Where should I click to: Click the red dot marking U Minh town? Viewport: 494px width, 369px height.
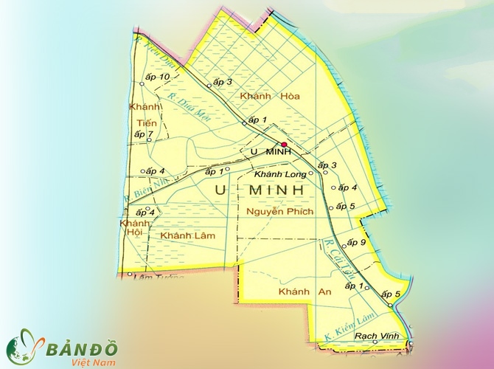[284, 145]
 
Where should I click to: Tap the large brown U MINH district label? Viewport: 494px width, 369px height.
[260, 190]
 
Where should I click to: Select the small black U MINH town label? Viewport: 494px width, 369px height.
[271, 152]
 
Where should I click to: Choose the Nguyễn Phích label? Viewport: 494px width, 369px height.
[280, 212]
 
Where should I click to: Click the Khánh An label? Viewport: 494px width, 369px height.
[305, 293]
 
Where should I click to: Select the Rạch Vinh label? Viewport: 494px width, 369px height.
[377, 336]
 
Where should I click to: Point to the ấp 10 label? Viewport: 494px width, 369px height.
[158, 77]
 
